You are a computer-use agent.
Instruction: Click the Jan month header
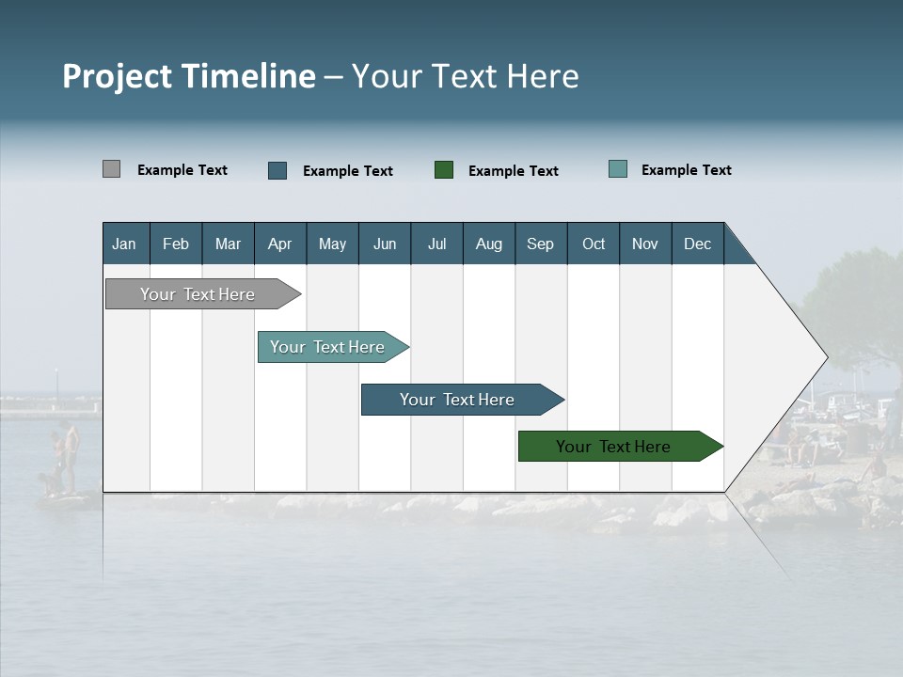coord(125,244)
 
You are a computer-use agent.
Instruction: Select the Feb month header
coord(176,244)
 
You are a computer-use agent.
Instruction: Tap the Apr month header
coord(280,244)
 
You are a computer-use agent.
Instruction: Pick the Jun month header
coord(385,244)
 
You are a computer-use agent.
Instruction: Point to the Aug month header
coord(489,244)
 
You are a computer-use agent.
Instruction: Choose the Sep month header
coord(541,244)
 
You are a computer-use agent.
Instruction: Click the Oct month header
coord(594,244)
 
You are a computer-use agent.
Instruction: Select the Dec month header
coord(698,244)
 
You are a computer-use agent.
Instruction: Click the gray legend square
coord(112,169)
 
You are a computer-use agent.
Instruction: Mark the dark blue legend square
coord(277,170)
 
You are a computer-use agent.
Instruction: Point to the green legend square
coord(444,170)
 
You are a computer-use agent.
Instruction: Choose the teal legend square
coord(618,169)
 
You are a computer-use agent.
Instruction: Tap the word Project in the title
coord(117,76)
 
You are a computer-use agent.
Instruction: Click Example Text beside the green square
coord(514,171)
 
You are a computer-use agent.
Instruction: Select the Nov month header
coord(645,244)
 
